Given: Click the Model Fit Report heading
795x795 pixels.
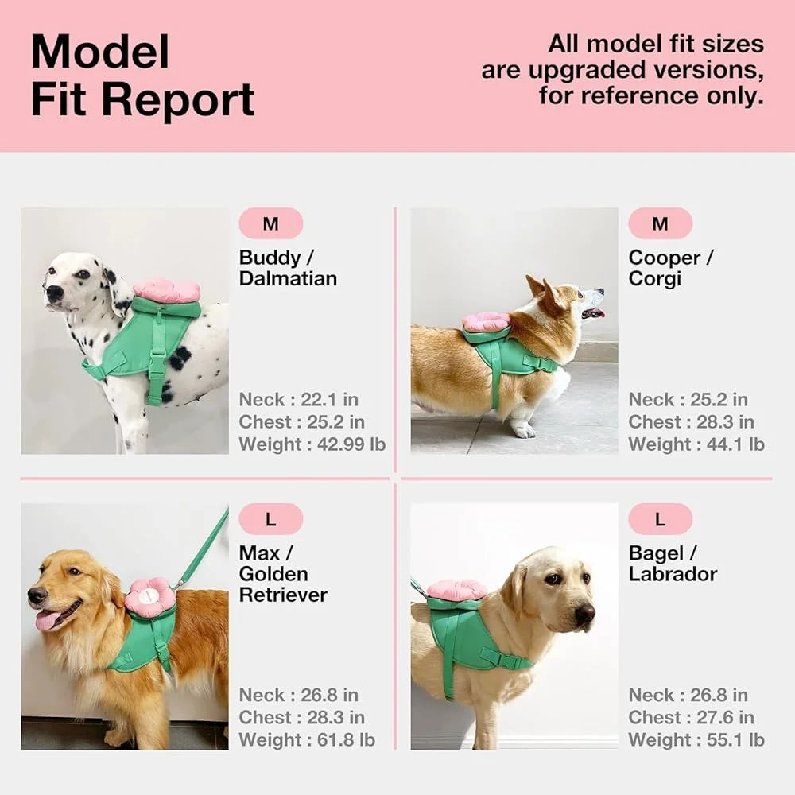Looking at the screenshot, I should pos(143,76).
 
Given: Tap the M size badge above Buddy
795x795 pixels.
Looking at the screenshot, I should pos(271,224).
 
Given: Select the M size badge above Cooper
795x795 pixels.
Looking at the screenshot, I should pos(660,224).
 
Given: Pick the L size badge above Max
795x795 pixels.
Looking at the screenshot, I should pos(271,520).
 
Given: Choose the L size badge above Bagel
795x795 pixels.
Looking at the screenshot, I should pos(660,520).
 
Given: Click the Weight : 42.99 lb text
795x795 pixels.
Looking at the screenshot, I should pos(312,444).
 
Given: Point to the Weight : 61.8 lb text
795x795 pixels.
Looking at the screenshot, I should pos(307,740).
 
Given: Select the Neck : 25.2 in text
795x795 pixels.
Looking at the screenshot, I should pos(688,400).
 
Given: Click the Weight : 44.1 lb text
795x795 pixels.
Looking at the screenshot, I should pos(696,444).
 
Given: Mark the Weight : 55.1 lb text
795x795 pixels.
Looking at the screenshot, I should pos(696,740).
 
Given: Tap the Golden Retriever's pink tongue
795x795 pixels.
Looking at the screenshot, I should pos(48,619).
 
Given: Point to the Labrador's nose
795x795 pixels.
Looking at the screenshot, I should pos(584,613).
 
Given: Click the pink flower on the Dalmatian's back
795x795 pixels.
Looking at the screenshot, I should pos(166,291).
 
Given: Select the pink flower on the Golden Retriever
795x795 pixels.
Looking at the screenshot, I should pos(150,597).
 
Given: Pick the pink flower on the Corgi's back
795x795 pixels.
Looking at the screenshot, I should pos(486,322).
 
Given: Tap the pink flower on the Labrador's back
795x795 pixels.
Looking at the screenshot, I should pos(456,590).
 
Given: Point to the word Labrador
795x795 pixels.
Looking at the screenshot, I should pos(673,574).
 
